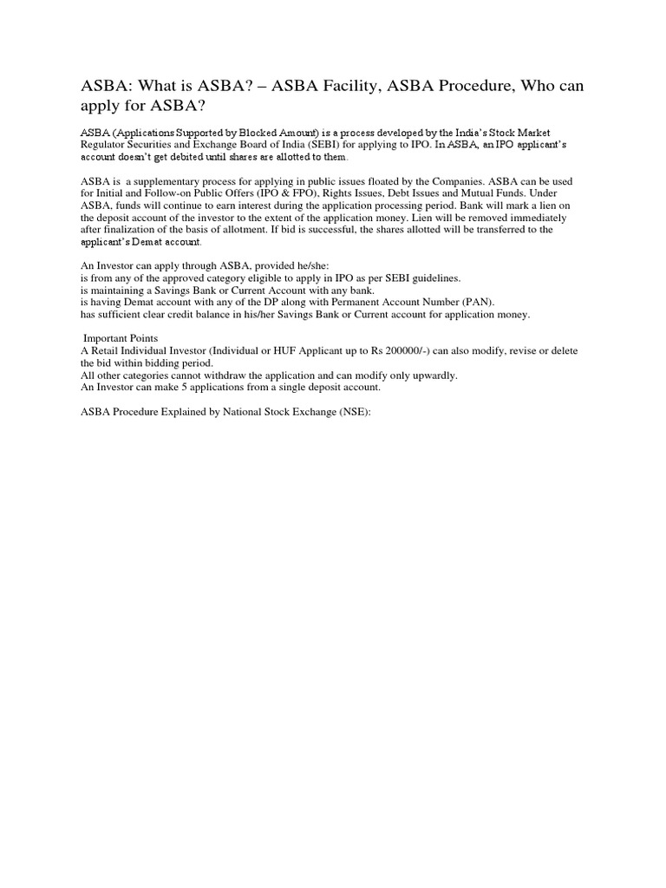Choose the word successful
tap(313, 230)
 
